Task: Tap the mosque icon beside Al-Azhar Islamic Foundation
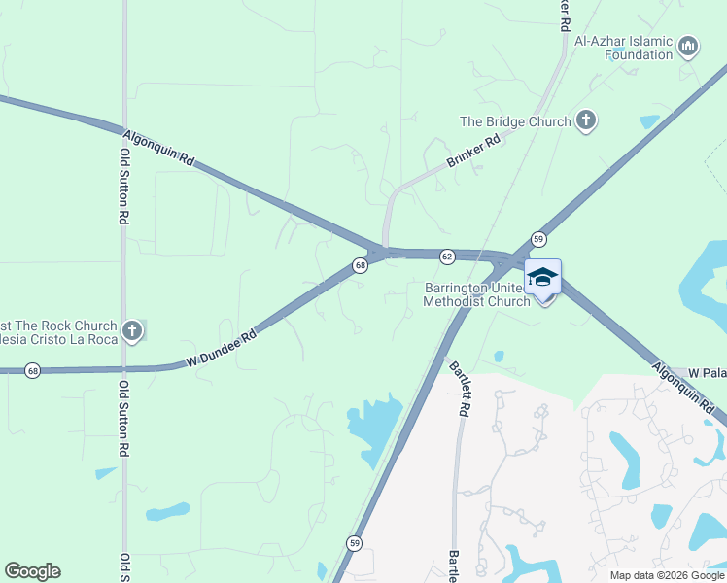(689, 46)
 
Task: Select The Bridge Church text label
(515, 121)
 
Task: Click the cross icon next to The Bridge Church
(586, 120)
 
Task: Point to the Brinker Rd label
(473, 153)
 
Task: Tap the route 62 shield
(447, 257)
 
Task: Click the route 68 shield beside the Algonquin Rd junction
(360, 265)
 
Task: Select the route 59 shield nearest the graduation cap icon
(538, 238)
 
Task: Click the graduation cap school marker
(543, 278)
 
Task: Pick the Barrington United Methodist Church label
(476, 294)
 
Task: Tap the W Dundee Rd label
(221, 347)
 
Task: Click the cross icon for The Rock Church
(132, 331)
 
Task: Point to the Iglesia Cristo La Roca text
(58, 339)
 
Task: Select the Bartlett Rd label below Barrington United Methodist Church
(459, 389)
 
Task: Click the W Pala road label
(708, 373)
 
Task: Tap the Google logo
(32, 571)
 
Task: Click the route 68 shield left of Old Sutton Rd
(33, 371)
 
